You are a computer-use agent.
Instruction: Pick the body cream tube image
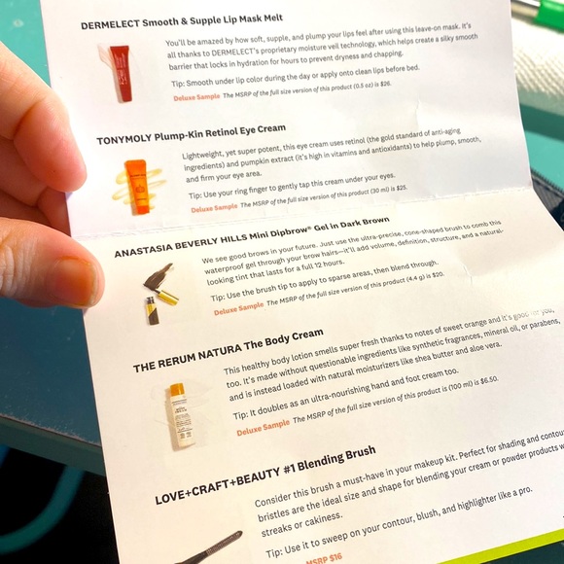tap(177, 414)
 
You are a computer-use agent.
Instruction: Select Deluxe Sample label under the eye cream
tap(214, 207)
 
